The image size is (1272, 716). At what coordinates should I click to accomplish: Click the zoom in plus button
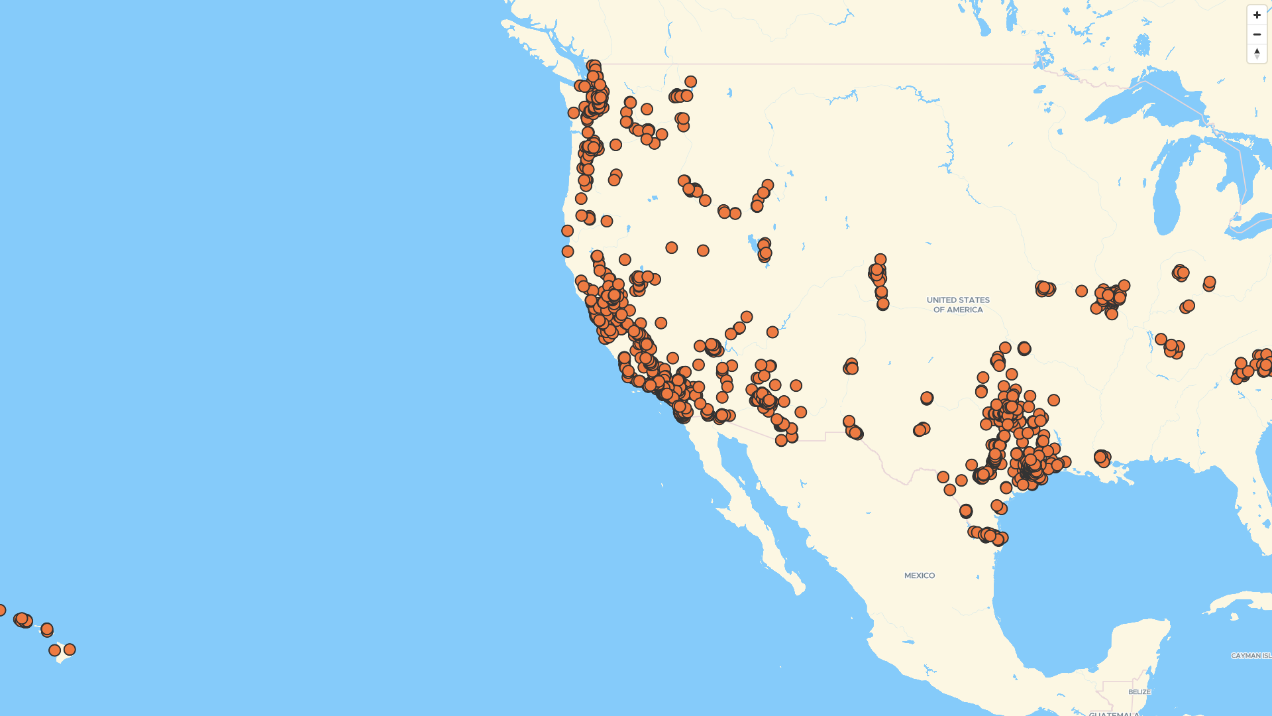[x=1257, y=15]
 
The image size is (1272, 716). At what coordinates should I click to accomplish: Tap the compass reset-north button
[x=1257, y=54]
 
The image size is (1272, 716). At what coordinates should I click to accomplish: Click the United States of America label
[x=958, y=305]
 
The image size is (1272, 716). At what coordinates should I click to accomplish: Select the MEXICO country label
[x=920, y=575]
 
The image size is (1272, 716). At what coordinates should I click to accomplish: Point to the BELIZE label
[x=1139, y=692]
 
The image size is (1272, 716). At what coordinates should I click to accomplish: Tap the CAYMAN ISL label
[x=1251, y=656]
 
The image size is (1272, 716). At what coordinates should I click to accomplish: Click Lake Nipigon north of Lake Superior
[x=1142, y=45]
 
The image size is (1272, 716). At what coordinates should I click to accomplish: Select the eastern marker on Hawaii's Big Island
[x=70, y=650]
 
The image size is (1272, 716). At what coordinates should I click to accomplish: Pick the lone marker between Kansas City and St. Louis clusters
[x=1081, y=291]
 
